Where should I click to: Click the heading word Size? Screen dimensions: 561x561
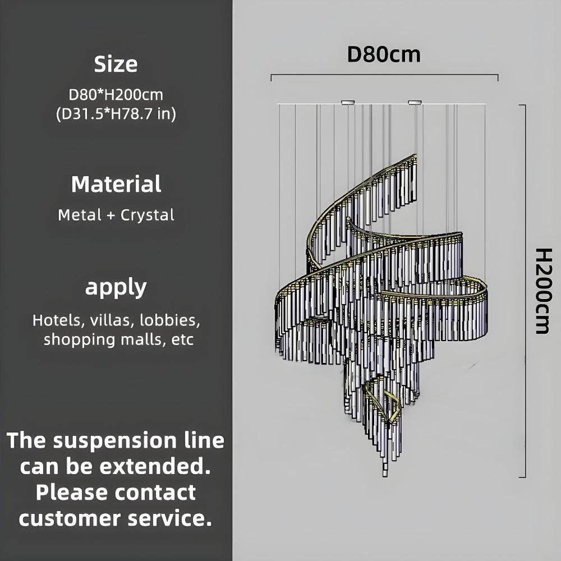click(116, 65)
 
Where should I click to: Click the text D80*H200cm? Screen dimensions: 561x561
click(116, 94)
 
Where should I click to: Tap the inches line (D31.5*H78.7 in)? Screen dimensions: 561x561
click(116, 114)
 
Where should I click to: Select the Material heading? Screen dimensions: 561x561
click(116, 185)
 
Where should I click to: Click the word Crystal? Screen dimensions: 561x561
click(148, 215)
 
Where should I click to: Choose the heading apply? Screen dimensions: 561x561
click(116, 288)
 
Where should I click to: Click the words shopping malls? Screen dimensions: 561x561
click(100, 339)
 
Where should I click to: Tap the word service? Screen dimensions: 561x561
click(169, 518)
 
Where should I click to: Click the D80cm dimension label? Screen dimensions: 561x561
click(384, 55)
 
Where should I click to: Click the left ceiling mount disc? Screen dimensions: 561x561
click(348, 102)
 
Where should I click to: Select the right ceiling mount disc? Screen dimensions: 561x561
click(415, 102)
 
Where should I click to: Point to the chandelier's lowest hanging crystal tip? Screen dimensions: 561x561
click(385, 473)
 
